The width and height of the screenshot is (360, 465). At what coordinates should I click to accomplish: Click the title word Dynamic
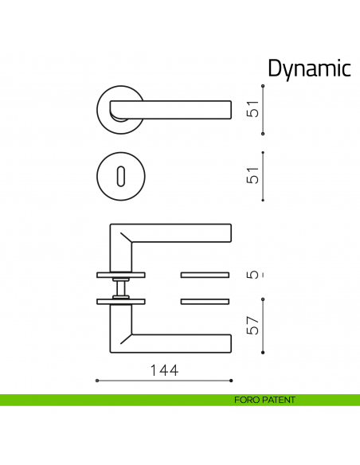[308, 68]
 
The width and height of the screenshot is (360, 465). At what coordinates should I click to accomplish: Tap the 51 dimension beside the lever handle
[252, 109]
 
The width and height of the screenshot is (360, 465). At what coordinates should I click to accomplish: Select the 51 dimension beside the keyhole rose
[252, 176]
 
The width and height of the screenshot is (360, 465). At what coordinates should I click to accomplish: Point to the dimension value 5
[252, 275]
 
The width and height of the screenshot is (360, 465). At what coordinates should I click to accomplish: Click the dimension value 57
[252, 326]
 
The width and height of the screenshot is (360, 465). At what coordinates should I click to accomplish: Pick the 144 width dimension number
[162, 370]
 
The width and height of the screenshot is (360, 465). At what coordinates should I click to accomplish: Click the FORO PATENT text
[264, 400]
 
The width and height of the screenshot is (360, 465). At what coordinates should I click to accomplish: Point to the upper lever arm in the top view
[179, 232]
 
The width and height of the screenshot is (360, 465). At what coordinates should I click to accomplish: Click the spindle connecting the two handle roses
[120, 287]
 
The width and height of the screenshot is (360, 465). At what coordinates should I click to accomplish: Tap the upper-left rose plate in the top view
[120, 275]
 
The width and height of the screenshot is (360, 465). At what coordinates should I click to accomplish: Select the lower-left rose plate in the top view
[120, 301]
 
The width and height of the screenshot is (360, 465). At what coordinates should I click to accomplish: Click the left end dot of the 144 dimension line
[96, 380]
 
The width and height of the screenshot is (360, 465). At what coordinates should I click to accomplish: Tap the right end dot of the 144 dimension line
[233, 380]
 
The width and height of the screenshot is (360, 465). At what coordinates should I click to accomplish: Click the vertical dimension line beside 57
[263, 326]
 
